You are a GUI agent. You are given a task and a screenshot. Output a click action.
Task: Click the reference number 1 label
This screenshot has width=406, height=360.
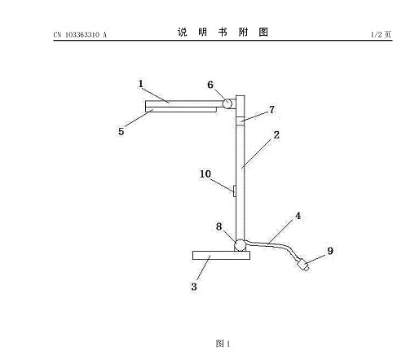(140, 84)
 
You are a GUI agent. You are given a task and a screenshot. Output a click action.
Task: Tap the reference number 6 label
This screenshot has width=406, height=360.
(210, 85)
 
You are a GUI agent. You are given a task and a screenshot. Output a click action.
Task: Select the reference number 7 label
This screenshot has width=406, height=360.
(271, 110)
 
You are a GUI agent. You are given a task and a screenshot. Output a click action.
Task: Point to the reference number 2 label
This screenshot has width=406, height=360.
(276, 135)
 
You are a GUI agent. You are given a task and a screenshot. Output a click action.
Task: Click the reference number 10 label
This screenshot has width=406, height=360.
(205, 174)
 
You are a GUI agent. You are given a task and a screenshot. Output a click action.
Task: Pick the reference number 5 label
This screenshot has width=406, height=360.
(121, 132)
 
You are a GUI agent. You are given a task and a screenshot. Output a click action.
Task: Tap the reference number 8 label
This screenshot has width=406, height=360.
(218, 226)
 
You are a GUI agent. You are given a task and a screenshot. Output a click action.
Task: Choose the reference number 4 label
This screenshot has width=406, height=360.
(298, 216)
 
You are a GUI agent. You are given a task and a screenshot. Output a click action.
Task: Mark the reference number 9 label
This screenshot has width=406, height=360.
(330, 251)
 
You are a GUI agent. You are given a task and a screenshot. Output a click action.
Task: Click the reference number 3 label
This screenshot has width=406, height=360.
(194, 287)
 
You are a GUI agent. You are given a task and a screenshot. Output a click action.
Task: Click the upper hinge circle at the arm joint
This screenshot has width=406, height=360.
(227, 103)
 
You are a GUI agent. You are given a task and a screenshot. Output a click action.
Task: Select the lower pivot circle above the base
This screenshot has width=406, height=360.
(240, 245)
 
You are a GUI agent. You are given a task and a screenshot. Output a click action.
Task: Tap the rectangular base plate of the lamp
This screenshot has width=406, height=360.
(221, 255)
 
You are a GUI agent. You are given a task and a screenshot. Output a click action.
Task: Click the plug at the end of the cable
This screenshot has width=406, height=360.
(303, 265)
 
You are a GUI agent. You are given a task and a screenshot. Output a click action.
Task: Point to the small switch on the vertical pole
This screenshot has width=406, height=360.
(234, 191)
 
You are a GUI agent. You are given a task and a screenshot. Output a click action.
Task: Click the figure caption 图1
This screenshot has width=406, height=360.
(223, 344)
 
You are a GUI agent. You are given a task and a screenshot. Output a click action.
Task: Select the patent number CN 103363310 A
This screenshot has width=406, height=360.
(80, 35)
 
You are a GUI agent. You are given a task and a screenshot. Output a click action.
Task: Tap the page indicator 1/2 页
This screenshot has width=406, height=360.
(381, 34)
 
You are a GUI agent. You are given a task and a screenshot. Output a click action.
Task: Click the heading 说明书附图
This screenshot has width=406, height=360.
(223, 32)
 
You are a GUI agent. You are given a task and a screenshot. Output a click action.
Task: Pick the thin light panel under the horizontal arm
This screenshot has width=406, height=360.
(181, 109)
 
